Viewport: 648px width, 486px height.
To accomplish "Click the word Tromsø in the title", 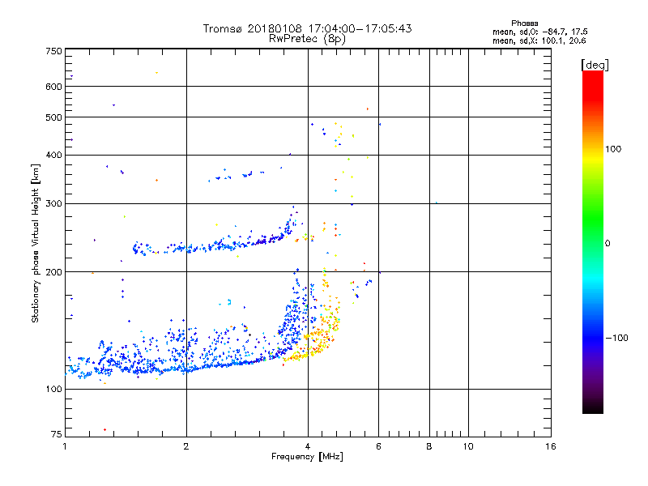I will point(224,28).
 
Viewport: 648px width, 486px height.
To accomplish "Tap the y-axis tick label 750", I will point(53,51).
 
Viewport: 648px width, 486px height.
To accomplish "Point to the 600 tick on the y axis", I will point(53,87).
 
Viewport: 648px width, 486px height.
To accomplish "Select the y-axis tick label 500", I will point(53,117).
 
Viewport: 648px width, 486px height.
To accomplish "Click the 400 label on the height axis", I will point(53,155).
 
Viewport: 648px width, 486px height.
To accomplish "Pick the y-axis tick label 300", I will point(53,203).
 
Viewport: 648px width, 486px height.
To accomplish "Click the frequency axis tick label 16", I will point(550,447).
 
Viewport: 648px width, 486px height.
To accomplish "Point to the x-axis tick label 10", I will point(467,447).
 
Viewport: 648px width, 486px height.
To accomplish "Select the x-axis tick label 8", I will point(429,447).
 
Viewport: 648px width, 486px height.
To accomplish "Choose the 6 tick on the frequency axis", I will point(378,447).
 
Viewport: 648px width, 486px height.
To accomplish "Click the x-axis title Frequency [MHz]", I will point(307,458).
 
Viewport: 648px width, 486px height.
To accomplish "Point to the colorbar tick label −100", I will point(618,338).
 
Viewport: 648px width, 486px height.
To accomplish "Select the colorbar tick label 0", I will point(608,243).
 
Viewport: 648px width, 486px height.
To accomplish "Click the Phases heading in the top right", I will point(525,23).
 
